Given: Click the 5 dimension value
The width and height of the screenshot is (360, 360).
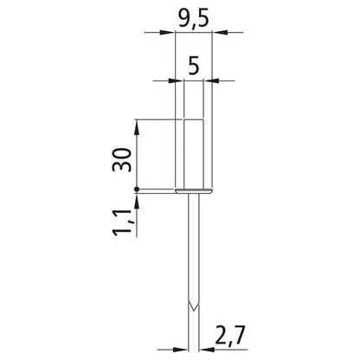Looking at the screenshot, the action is pos(194,66).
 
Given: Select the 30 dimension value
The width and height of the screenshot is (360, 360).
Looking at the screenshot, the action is pos(122,160).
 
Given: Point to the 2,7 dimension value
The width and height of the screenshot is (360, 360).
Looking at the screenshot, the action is pos(230,335).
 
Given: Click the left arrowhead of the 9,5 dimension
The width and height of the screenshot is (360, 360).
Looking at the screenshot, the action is pos(167,32).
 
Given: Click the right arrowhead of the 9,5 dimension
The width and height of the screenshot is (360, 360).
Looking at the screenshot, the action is pos(220,32).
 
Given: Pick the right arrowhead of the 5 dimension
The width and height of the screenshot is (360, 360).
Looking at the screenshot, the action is pos(212,80).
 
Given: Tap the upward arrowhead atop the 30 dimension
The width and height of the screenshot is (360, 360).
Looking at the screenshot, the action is pos(137,127).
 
